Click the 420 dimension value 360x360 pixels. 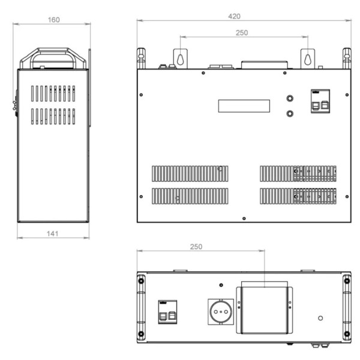[x=234, y=16]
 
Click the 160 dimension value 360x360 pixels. [x=54, y=20]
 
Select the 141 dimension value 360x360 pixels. [x=52, y=234]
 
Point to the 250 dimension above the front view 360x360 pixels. [x=242, y=33]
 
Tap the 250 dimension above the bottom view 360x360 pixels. [x=196, y=247]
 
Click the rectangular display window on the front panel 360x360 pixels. [x=244, y=106]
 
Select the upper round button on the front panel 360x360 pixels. [x=290, y=98]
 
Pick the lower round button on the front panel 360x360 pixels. [x=290, y=113]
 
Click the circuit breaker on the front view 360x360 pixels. [x=320, y=101]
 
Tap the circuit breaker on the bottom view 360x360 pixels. [x=167, y=312]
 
